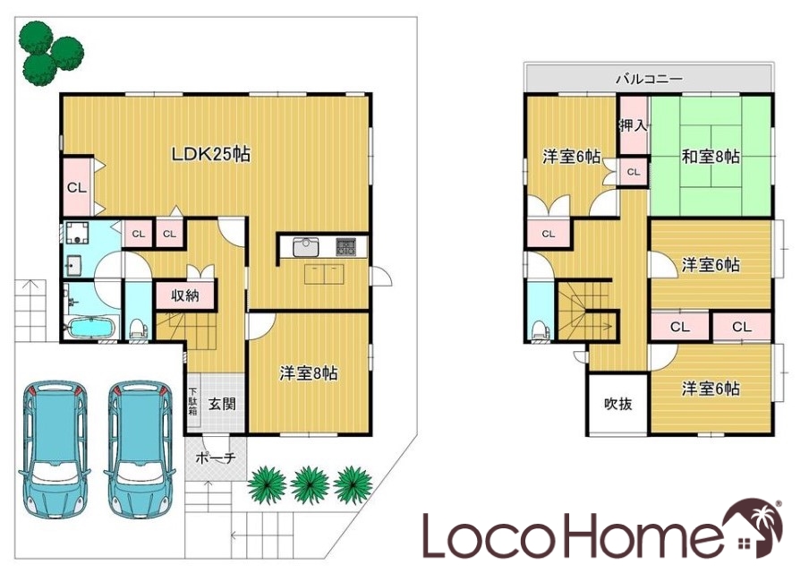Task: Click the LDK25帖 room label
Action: coord(210,154)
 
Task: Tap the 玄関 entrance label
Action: coord(222,404)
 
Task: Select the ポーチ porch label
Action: coord(216,458)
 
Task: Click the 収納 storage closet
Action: coord(185,295)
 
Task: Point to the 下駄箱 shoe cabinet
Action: coord(192,401)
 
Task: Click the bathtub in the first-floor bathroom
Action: coord(90,328)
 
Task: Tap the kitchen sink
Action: coord(306,247)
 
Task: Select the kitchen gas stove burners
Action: coord(346,246)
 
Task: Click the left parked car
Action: coord(54,449)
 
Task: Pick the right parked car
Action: coord(140,449)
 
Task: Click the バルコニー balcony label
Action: coord(649,79)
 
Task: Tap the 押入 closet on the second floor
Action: coord(633,125)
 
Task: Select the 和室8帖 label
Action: coord(711,156)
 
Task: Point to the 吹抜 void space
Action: coord(618,404)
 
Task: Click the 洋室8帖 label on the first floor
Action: coord(309,372)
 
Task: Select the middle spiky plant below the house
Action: coord(310,485)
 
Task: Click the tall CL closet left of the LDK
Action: coord(77,187)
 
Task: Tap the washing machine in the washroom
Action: coord(77,234)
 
